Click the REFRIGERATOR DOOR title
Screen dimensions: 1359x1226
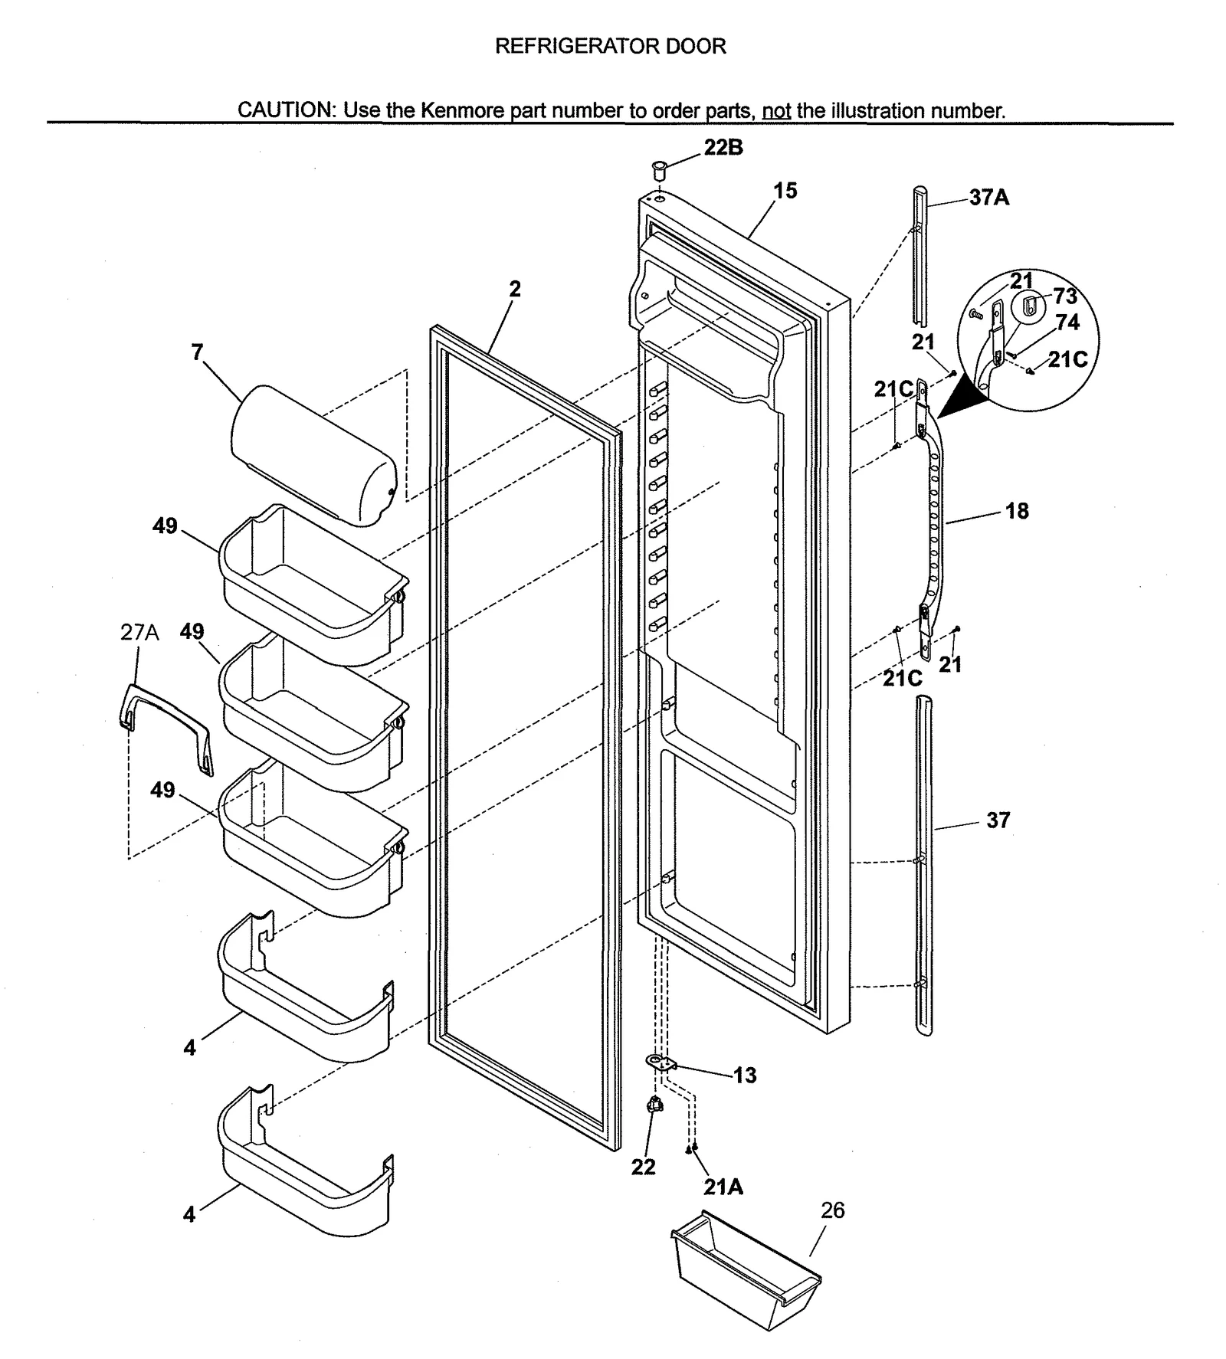(x=610, y=46)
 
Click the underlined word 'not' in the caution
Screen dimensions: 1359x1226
(x=776, y=111)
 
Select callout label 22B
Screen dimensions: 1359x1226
(x=723, y=147)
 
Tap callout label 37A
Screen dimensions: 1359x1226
(x=988, y=198)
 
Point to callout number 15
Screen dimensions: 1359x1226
(x=785, y=190)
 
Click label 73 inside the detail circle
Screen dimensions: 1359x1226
(x=1064, y=296)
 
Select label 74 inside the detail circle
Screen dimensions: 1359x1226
(x=1067, y=323)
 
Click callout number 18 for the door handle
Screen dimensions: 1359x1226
(x=1017, y=511)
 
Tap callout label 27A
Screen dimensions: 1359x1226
(x=139, y=632)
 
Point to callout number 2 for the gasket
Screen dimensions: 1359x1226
(x=515, y=289)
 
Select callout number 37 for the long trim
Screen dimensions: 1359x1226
(x=998, y=820)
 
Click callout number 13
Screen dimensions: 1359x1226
(x=744, y=1075)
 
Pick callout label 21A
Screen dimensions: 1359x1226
(x=723, y=1187)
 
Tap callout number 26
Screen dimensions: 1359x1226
(x=832, y=1210)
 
